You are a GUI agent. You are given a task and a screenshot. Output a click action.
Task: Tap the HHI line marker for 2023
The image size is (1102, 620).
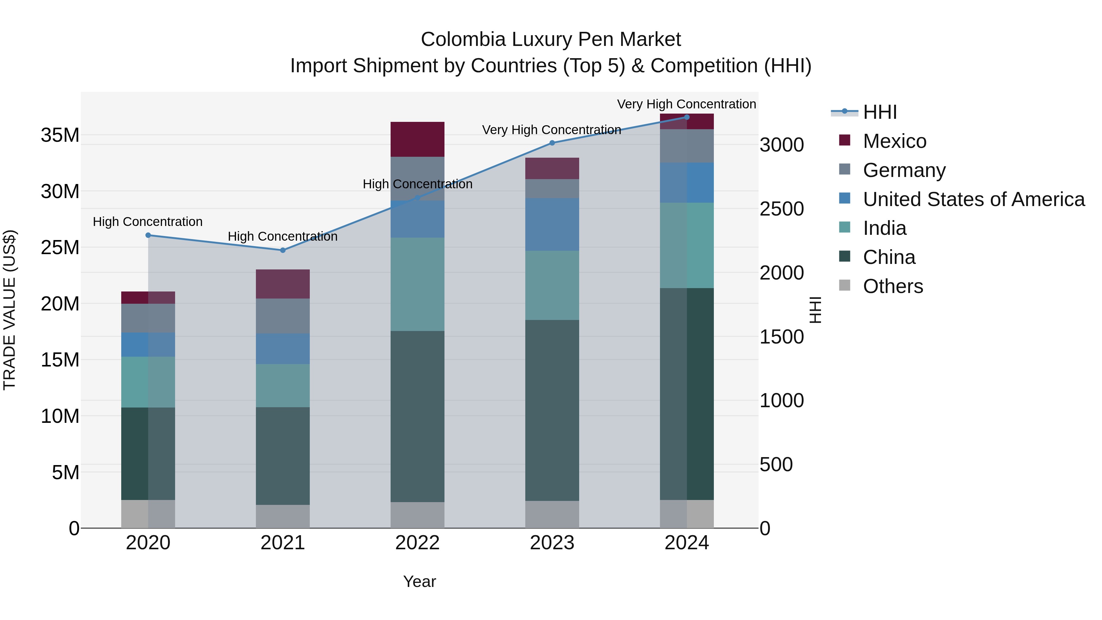[x=552, y=143]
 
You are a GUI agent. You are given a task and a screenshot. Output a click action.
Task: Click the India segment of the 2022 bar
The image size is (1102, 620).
[x=417, y=284]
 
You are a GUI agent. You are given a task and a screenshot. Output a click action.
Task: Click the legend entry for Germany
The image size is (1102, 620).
[x=904, y=170]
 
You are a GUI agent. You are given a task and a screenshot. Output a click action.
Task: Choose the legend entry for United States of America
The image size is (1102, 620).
[x=973, y=199]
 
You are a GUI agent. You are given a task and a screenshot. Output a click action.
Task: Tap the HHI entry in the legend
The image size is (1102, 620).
[x=879, y=112]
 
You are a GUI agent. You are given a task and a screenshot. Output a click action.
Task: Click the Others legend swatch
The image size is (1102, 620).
[x=845, y=285]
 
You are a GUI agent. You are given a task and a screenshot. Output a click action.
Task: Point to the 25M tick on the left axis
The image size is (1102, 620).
[x=60, y=248]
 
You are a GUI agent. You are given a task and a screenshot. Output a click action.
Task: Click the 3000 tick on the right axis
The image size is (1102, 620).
[x=781, y=145]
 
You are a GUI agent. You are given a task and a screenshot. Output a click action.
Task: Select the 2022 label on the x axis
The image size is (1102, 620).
[x=417, y=543]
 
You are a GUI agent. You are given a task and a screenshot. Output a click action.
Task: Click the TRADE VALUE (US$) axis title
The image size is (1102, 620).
[x=9, y=310]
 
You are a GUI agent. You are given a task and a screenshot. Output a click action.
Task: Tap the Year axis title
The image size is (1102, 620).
[x=419, y=581]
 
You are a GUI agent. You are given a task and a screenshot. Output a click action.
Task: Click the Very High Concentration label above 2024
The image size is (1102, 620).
[x=686, y=104]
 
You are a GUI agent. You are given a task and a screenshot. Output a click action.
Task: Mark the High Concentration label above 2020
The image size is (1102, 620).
[x=148, y=222]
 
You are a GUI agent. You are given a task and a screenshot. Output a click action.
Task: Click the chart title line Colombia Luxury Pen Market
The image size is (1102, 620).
[x=551, y=39]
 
